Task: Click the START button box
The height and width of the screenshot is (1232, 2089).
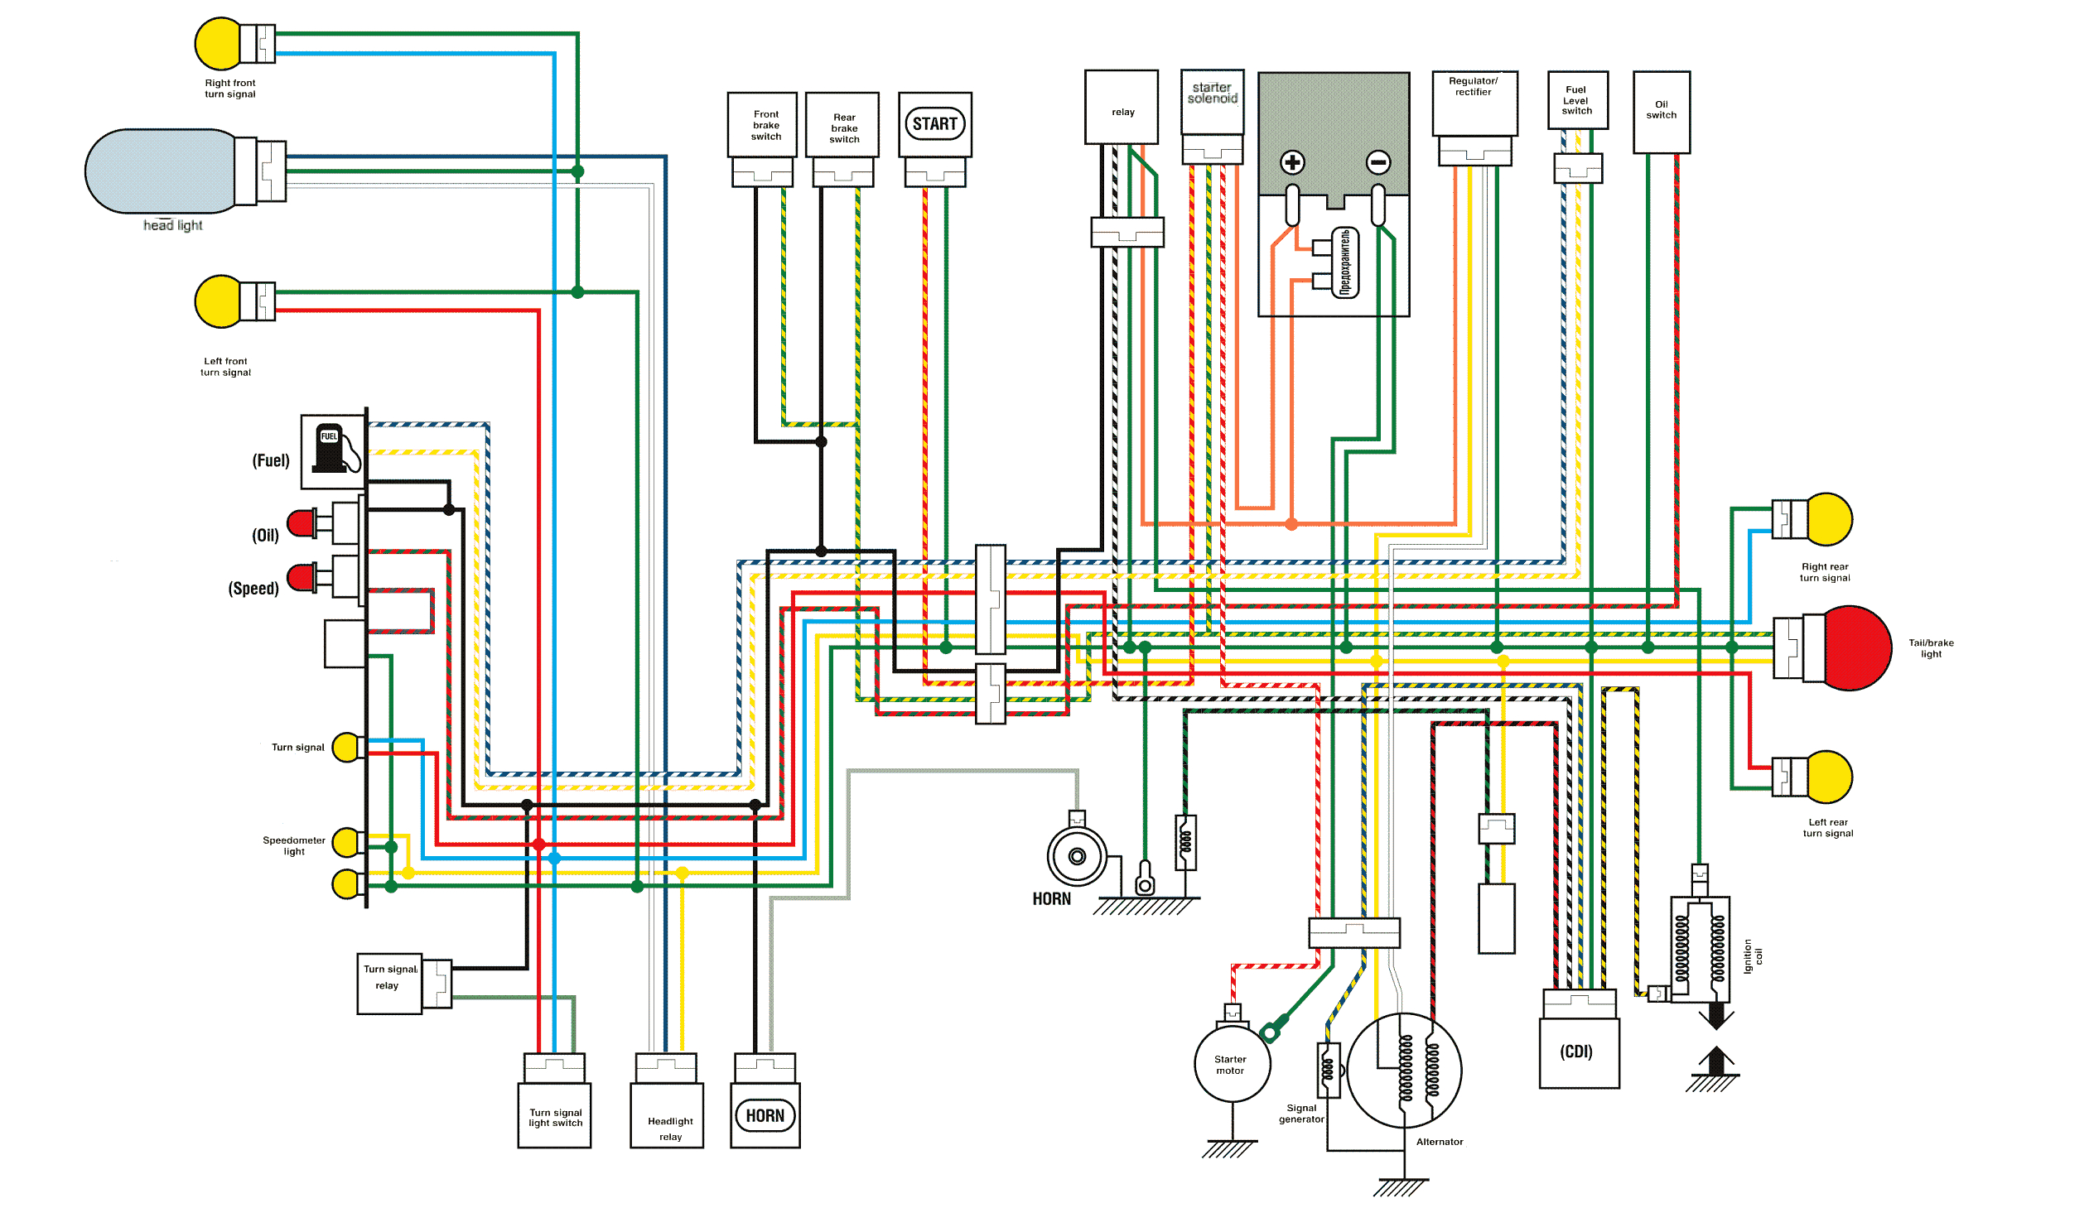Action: [x=935, y=124]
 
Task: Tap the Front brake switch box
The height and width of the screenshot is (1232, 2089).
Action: [x=762, y=125]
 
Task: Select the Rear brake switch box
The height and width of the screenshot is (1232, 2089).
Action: [x=842, y=125]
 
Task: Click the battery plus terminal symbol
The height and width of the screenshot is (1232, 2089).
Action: [x=1292, y=162]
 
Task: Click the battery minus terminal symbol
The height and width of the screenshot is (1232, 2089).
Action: [x=1378, y=162]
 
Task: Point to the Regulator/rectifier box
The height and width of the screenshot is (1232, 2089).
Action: [x=1474, y=103]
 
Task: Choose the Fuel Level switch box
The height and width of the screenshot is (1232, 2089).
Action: [x=1578, y=100]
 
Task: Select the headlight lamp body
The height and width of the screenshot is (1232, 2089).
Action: [x=162, y=171]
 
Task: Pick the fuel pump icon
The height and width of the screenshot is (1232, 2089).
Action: [x=332, y=450]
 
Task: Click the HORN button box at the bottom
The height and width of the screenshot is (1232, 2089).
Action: [x=765, y=1115]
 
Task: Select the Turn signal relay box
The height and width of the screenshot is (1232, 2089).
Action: [x=389, y=984]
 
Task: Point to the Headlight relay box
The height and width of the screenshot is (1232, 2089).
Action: [x=667, y=1115]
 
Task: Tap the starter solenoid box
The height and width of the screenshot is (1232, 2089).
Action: [x=1212, y=101]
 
